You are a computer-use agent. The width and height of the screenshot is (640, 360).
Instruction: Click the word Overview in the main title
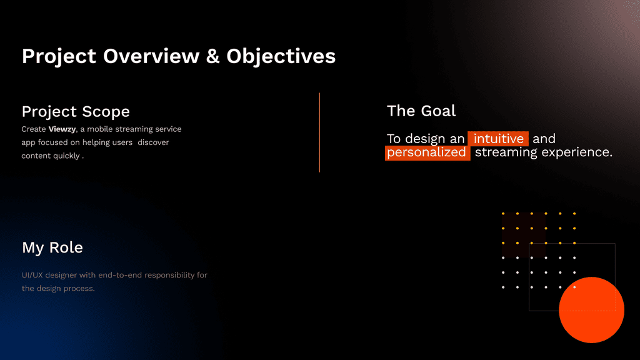coord(151,56)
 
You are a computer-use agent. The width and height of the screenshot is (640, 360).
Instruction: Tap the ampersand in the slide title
coord(212,56)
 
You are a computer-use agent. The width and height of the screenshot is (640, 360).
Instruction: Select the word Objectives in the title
coord(281,57)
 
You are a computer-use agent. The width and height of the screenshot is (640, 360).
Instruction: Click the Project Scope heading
coord(76,111)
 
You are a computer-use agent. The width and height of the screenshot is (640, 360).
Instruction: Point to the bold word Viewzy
coord(62,129)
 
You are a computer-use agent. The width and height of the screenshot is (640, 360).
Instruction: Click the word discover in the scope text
coord(153,142)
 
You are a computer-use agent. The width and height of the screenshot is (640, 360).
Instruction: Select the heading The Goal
coord(421,111)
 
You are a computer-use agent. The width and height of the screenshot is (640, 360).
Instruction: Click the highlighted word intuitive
coord(498,139)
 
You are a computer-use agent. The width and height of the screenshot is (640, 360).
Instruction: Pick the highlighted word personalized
coord(426,152)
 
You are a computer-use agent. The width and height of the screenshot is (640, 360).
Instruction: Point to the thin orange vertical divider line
coord(319,132)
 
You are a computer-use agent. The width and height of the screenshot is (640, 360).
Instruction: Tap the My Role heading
coord(52,247)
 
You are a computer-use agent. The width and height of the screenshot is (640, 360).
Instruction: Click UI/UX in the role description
coord(32,275)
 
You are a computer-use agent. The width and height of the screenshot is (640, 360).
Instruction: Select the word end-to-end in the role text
coord(120,275)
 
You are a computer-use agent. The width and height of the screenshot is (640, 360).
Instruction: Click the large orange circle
coord(591,310)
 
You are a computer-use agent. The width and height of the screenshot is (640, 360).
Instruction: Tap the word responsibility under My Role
coord(169,276)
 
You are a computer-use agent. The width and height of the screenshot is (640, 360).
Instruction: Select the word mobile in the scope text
coord(100,129)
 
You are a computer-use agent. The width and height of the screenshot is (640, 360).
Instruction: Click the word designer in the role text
coord(61,276)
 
